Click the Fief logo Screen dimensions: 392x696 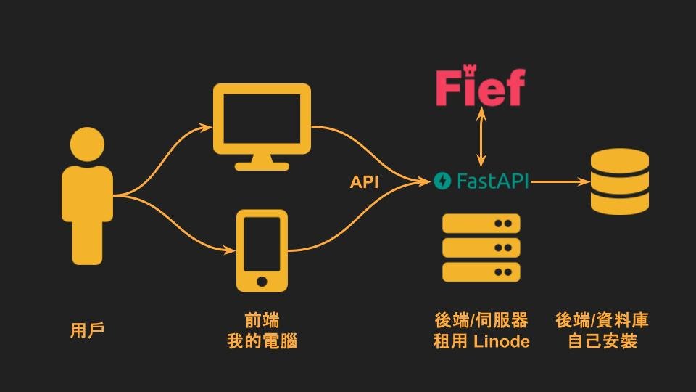click(480, 88)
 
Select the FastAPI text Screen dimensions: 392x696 click(492, 181)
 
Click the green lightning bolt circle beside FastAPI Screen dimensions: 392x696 click(442, 181)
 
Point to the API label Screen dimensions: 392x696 click(364, 182)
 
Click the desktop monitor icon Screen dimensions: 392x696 click(262, 120)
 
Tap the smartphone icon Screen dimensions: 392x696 click(262, 250)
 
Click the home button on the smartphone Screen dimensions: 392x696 click(262, 280)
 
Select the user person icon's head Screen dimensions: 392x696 click(86, 145)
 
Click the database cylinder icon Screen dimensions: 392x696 click(619, 181)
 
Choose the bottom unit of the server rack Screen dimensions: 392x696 click(481, 272)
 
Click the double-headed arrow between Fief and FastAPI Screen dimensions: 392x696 click(479, 137)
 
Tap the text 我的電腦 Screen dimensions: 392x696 click(262, 341)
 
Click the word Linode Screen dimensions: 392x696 click(502, 341)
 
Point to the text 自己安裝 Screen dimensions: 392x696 click(602, 341)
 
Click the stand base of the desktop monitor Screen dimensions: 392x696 click(262, 165)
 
